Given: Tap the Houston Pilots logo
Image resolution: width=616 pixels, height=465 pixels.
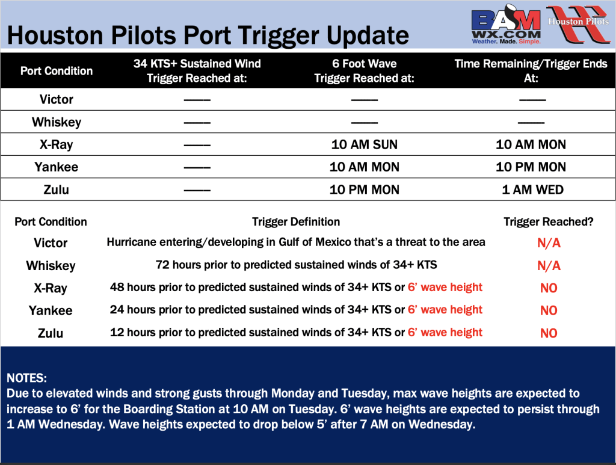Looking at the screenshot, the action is (578, 23).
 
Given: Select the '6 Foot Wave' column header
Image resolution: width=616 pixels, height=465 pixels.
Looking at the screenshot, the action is (364, 71).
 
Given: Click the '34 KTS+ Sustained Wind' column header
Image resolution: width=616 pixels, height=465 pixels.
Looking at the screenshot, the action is (197, 71).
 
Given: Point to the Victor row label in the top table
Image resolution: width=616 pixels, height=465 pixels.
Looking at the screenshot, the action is (56, 99).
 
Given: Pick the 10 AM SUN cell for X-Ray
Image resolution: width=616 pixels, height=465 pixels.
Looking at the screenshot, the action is (364, 144).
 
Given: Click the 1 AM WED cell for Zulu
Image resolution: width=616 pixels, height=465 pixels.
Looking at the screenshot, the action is (532, 189).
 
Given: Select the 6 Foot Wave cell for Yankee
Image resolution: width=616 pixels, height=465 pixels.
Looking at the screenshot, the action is (364, 167).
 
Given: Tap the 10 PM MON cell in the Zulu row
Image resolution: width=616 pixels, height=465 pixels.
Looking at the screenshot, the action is (364, 189).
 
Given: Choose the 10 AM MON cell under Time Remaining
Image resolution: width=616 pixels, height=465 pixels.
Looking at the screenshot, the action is (531, 144).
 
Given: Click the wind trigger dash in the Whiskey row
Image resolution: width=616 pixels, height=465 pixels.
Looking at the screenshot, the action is (197, 123).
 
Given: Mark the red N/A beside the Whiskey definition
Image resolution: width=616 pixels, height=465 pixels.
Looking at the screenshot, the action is (549, 266).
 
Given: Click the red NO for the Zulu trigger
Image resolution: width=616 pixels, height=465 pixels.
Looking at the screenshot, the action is (549, 333).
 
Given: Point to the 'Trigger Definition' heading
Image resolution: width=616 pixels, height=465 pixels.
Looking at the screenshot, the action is (296, 222).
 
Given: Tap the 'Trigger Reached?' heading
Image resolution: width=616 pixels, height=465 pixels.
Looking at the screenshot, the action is (549, 222).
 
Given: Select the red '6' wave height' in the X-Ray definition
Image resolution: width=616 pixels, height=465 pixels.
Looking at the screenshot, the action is (445, 287).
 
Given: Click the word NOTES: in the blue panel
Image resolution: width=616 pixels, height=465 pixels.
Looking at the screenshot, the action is (26, 378).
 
